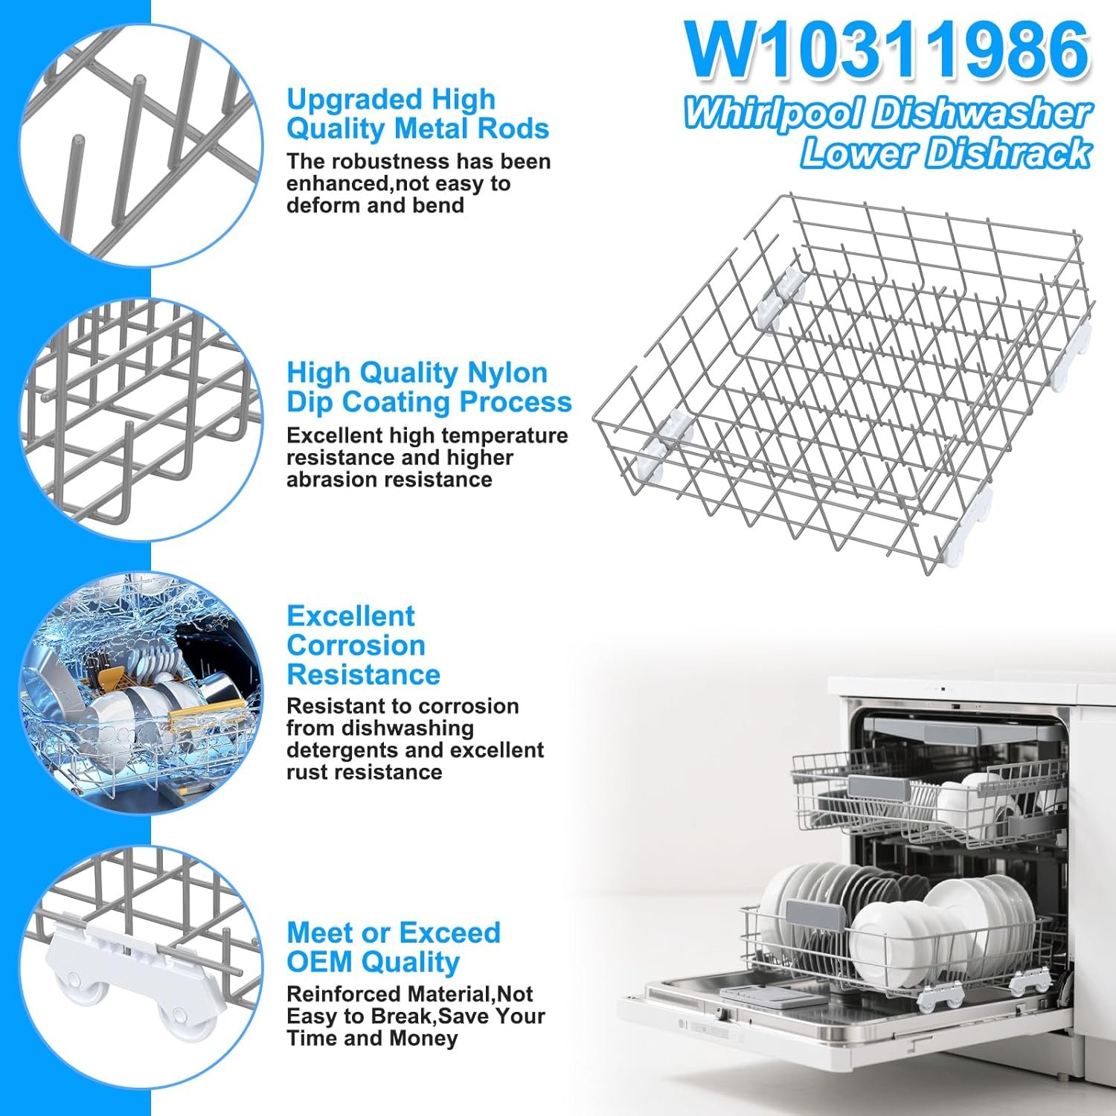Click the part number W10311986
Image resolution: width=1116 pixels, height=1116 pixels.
pyautogui.click(x=888, y=50)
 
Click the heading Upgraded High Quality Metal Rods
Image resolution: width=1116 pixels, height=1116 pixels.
pyautogui.click(x=418, y=114)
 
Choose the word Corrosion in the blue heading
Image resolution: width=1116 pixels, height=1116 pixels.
pyautogui.click(x=356, y=645)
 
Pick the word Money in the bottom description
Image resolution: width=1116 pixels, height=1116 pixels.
pyautogui.click(x=420, y=1038)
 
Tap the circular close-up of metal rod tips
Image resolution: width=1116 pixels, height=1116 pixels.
pyautogui.click(x=141, y=145)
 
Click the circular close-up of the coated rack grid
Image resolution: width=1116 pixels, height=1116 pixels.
pyautogui.click(x=141, y=420)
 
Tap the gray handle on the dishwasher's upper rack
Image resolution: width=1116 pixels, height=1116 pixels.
pyautogui.click(x=878, y=787)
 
